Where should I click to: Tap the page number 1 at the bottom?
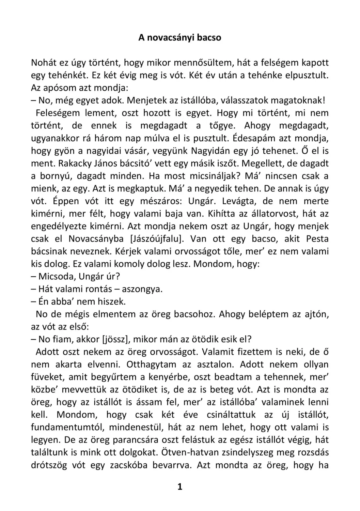pyautogui.click(x=180, y=487)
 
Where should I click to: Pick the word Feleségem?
pyautogui.click(x=58, y=113)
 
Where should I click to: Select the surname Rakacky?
pyautogui.click(x=74, y=164)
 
